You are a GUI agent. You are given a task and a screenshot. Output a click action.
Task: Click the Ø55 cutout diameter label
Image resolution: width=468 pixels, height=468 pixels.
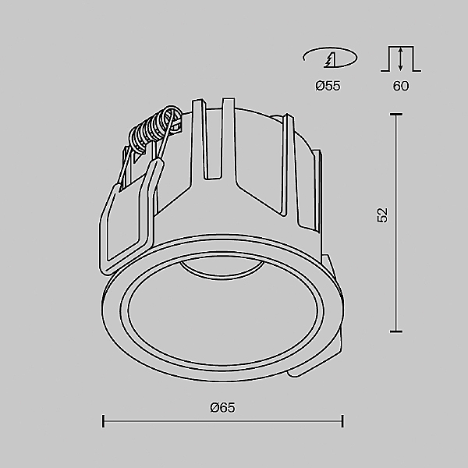click(328, 86)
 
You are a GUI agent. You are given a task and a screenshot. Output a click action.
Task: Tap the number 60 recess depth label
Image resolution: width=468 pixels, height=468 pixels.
click(400, 86)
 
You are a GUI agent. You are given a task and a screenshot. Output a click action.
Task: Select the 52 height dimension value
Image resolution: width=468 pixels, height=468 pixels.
click(382, 216)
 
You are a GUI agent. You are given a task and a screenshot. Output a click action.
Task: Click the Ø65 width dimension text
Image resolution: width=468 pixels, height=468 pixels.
click(222, 407)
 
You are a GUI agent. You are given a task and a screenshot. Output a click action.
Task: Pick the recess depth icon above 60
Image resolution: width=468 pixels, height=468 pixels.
click(400, 58)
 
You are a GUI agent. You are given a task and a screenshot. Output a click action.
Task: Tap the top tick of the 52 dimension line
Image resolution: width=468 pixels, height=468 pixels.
click(396, 115)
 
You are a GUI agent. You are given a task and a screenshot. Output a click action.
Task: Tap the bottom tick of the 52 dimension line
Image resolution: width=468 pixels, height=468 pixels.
click(396, 331)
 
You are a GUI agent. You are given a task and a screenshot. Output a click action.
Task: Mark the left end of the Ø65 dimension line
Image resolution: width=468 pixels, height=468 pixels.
click(104, 422)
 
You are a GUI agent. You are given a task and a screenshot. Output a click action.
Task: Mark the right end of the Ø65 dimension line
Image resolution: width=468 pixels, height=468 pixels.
click(342, 422)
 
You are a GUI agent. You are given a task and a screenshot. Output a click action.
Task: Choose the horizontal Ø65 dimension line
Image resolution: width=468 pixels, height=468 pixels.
click(222, 422)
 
